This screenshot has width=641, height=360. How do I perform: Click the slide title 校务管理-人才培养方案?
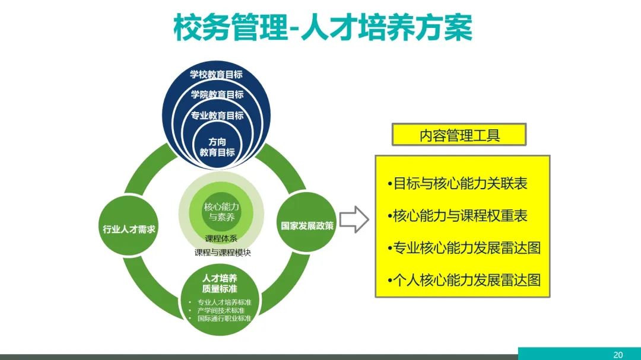[x=322, y=28]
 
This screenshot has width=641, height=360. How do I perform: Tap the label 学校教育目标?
[x=216, y=74]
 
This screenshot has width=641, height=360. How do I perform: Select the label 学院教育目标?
[x=217, y=94]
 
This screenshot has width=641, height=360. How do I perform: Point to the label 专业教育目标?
[x=217, y=116]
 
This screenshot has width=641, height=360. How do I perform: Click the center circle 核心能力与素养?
[x=221, y=212]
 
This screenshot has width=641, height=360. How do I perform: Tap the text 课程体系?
[x=221, y=238]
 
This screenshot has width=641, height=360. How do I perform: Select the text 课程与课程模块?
[x=223, y=253]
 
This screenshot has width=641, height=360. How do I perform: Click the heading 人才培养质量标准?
[x=220, y=283]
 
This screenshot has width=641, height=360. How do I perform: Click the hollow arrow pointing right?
[x=354, y=219]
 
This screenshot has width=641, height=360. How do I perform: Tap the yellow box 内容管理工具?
[x=459, y=135]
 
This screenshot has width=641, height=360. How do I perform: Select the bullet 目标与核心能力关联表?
[x=458, y=184]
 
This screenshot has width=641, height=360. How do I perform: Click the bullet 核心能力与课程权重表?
[x=458, y=216]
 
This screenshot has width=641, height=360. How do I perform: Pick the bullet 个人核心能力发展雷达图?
[x=464, y=281]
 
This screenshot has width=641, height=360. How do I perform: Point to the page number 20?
[x=618, y=355]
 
